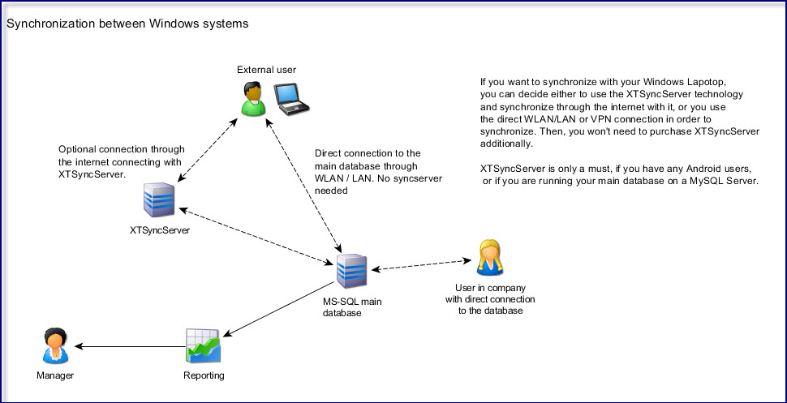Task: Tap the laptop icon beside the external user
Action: [290, 98]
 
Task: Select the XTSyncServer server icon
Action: [159, 199]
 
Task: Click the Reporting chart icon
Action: [203, 346]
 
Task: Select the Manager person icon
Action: [55, 345]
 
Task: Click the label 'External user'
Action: [266, 70]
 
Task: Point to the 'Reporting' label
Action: [204, 375]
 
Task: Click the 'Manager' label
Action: [55, 375]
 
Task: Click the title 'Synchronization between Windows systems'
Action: [127, 24]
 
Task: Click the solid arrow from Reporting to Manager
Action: [130, 346]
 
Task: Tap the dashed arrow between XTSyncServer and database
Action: [257, 235]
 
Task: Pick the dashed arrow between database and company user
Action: [422, 264]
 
